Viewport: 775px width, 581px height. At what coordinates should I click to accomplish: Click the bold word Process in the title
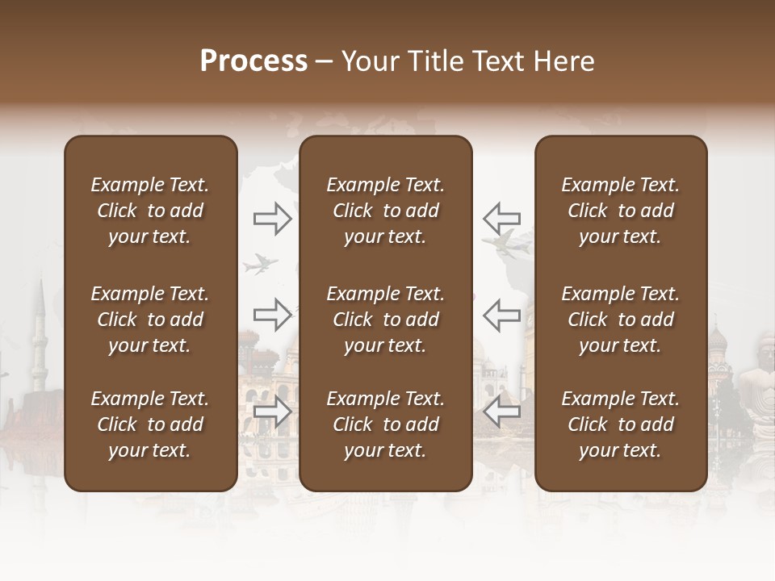pyautogui.click(x=253, y=61)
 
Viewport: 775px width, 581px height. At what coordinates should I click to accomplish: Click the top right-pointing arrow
pyautogui.click(x=273, y=219)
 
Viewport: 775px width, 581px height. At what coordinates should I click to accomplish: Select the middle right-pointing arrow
pyautogui.click(x=273, y=315)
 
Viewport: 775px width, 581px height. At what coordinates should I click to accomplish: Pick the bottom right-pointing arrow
pyautogui.click(x=273, y=412)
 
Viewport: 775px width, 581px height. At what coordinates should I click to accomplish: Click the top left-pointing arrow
pyautogui.click(x=501, y=219)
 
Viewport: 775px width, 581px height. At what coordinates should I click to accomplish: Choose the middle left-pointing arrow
pyautogui.click(x=501, y=315)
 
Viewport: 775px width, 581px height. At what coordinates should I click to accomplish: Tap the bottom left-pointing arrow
pyautogui.click(x=501, y=412)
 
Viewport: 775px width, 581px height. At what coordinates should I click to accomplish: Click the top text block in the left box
pyautogui.click(x=150, y=211)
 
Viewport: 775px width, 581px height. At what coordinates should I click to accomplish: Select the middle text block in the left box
pyautogui.click(x=150, y=320)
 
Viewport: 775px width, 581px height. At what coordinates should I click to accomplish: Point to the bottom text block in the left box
pyautogui.click(x=150, y=424)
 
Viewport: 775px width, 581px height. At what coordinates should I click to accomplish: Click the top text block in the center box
pyautogui.click(x=385, y=211)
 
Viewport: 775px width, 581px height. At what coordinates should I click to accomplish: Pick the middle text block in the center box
pyautogui.click(x=385, y=320)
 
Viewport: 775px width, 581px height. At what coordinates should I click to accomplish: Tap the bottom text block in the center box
pyautogui.click(x=385, y=424)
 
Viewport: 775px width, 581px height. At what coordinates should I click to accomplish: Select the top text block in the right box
pyautogui.click(x=621, y=211)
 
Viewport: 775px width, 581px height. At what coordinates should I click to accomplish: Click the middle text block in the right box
pyautogui.click(x=621, y=320)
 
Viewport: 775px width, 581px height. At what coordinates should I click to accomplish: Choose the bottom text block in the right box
pyautogui.click(x=621, y=424)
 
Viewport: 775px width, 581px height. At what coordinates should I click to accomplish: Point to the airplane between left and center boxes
pyautogui.click(x=261, y=263)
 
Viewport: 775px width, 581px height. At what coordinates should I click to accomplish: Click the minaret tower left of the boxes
pyautogui.click(x=39, y=339)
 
